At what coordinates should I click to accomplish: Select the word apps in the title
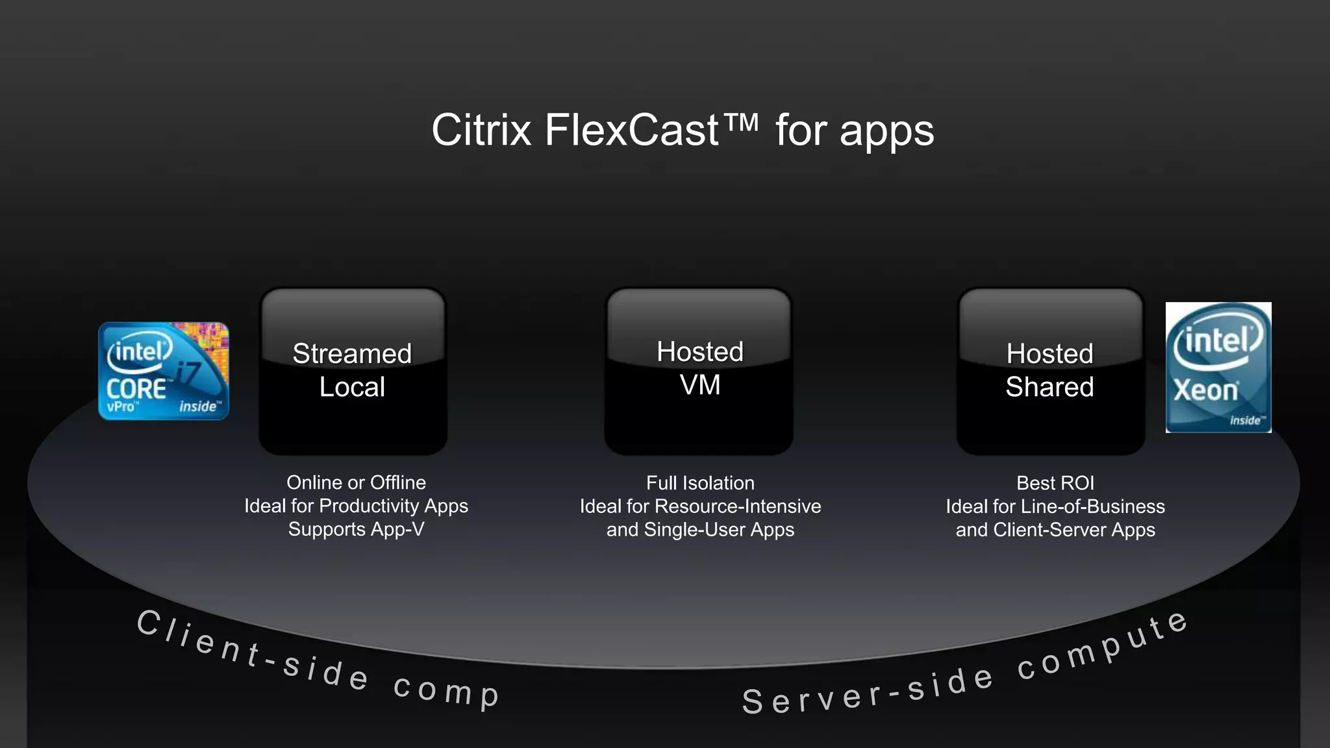pos(886,132)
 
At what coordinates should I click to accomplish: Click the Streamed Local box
pos(353,371)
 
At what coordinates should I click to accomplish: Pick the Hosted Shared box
pos(1050,371)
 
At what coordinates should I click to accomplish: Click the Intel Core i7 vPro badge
pos(164,371)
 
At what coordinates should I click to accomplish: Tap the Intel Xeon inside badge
pos(1218,368)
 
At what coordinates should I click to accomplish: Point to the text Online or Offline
pos(356,482)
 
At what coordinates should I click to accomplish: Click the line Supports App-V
pos(356,529)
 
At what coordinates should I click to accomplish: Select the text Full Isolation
pos(700,483)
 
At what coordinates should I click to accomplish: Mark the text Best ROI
pos(1055,483)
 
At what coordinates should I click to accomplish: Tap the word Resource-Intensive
pos(738,506)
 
